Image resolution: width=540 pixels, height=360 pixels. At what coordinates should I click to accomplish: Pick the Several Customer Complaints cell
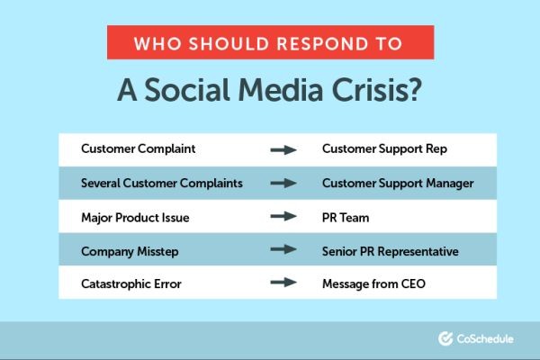(x=161, y=183)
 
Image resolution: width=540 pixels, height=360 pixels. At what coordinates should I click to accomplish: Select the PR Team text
(x=346, y=216)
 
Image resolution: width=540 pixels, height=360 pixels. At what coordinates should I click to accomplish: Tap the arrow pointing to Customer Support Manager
(x=283, y=183)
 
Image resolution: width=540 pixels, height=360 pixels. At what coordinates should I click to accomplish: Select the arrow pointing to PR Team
(x=283, y=216)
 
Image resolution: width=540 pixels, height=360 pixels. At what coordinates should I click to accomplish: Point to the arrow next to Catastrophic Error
(x=283, y=283)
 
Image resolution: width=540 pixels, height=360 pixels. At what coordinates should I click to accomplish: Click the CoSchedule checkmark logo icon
(x=445, y=339)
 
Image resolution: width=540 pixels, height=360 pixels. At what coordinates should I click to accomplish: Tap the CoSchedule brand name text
(x=487, y=339)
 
